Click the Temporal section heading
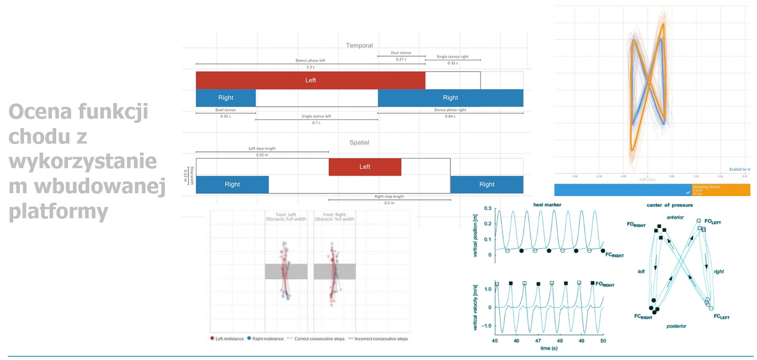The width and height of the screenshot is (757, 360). (359, 45)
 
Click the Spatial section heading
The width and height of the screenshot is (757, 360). (359, 142)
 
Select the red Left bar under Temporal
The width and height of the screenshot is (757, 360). (310, 80)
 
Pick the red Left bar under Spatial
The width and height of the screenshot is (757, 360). (365, 167)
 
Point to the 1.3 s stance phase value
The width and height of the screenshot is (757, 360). (310, 67)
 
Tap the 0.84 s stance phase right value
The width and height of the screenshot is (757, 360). (450, 116)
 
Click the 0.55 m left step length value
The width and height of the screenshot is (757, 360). (262, 155)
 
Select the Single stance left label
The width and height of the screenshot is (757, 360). (316, 116)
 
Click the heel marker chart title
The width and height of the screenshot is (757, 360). (547, 205)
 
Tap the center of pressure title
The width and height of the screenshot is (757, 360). (670, 205)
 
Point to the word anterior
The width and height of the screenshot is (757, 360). (675, 217)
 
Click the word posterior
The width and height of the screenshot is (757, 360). (676, 326)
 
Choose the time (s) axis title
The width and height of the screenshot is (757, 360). (549, 348)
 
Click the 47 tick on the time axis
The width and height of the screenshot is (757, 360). (538, 341)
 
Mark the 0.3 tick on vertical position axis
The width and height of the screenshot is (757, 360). (487, 208)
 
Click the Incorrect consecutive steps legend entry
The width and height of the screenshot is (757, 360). (381, 339)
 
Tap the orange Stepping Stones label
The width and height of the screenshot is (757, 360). (706, 187)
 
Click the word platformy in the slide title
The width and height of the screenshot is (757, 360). (59, 211)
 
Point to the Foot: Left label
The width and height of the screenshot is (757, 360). (286, 214)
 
